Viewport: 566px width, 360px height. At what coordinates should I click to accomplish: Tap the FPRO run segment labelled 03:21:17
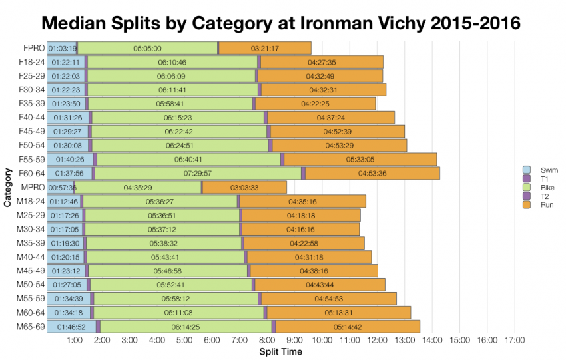[x=265, y=48]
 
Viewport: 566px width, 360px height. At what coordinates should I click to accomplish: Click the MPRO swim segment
[x=60, y=188]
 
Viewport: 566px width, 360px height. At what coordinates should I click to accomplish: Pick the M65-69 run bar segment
[x=348, y=327]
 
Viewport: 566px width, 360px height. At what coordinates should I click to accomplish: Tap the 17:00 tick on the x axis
[x=515, y=340]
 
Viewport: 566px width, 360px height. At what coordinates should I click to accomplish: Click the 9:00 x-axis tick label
[x=295, y=340]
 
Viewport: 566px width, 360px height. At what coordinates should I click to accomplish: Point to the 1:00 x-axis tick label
[x=75, y=340]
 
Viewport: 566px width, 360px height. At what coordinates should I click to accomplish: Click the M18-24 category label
[x=31, y=202]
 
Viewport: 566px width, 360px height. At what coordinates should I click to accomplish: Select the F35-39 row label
[x=31, y=104]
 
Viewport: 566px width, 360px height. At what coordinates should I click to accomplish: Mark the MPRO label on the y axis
[x=33, y=188]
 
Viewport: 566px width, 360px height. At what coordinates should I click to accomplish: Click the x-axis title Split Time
[x=280, y=351]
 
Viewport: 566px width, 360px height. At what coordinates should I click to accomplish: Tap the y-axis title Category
[x=7, y=188]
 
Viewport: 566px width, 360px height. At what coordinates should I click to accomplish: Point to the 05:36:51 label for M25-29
[x=163, y=216]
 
